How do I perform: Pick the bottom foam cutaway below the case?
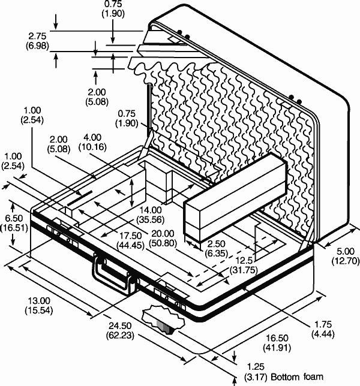point(162,319)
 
